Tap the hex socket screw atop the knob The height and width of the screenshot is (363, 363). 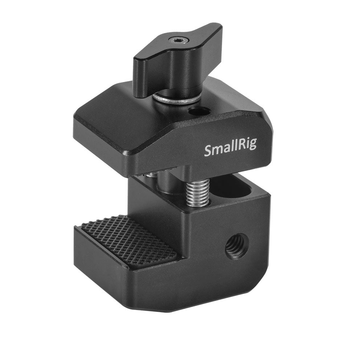(x=178, y=40)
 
